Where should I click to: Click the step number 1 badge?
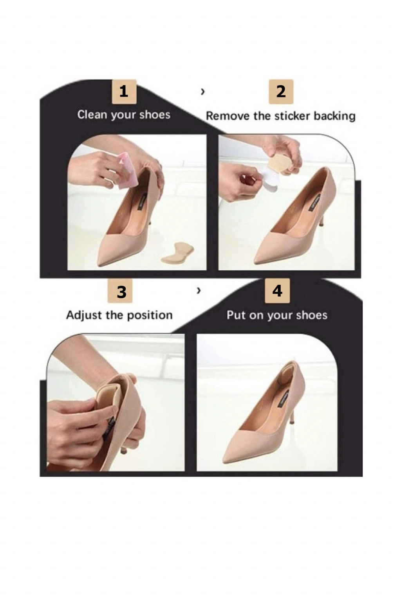point(124,92)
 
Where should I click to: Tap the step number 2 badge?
point(281,92)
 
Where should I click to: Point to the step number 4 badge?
point(277,291)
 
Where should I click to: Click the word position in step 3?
point(150,315)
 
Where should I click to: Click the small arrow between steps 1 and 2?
point(203,92)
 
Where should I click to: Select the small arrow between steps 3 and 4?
point(199,290)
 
